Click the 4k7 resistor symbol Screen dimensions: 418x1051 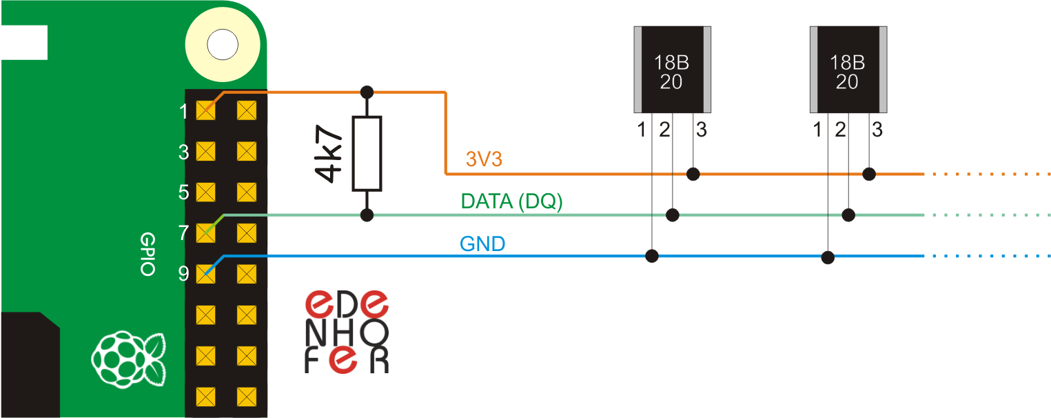click(x=367, y=153)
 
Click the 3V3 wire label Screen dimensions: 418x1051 click(x=484, y=160)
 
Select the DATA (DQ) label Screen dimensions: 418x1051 click(x=511, y=201)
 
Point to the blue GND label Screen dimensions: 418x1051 click(x=482, y=243)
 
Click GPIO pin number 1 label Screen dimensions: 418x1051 click(x=183, y=110)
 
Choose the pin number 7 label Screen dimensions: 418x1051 click(x=183, y=233)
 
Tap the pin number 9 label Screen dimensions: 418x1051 click(x=183, y=274)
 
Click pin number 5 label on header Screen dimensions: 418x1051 click(x=183, y=192)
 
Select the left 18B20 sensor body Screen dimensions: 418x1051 click(x=672, y=70)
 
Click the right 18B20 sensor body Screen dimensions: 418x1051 click(x=847, y=70)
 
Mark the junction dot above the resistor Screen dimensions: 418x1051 click(x=367, y=92)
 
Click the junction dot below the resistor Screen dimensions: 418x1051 click(x=367, y=215)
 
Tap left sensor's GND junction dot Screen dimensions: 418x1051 click(x=651, y=257)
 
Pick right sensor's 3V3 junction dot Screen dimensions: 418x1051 click(x=870, y=174)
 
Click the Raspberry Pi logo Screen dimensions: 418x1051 click(x=129, y=358)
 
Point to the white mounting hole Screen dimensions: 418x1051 click(x=222, y=45)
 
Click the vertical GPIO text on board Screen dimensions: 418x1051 click(x=147, y=254)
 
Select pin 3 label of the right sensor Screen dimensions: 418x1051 click(x=877, y=129)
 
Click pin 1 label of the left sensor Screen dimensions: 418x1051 click(x=642, y=129)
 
